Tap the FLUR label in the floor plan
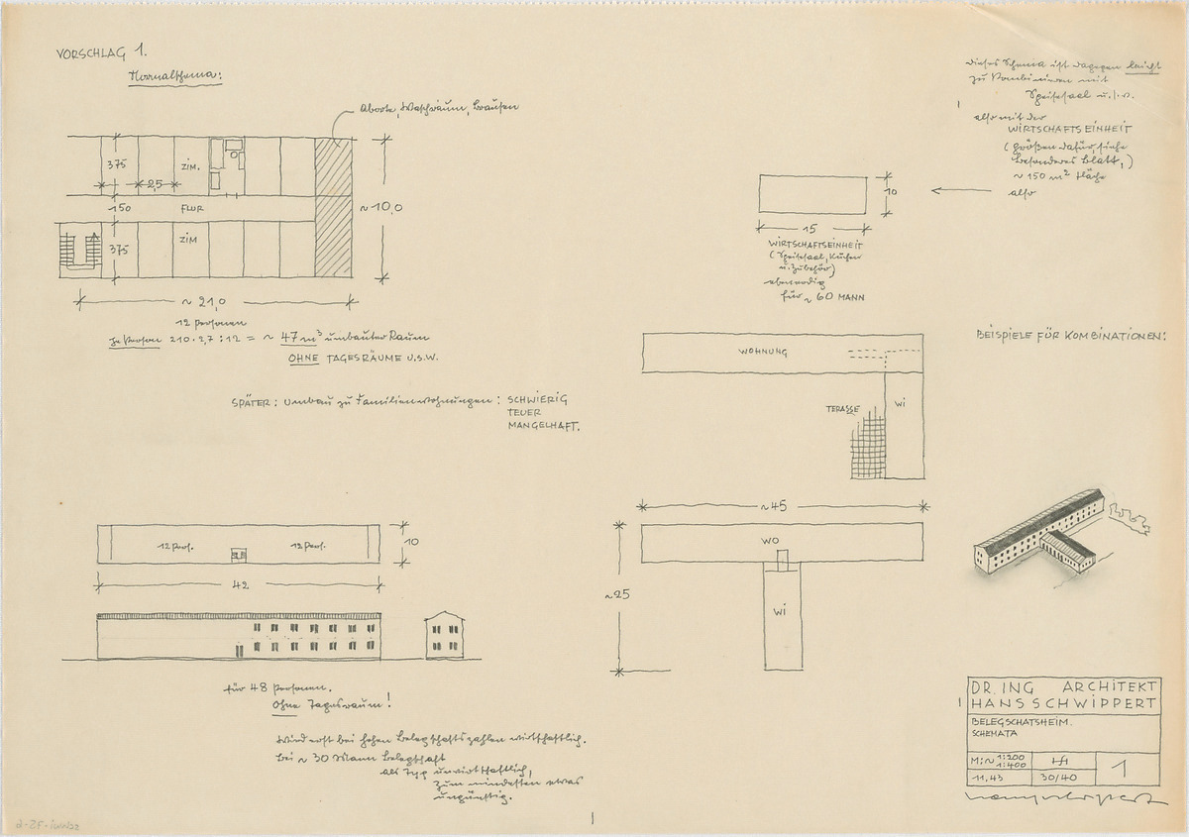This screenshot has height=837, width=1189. [x=192, y=209]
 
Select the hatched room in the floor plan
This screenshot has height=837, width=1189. [x=333, y=208]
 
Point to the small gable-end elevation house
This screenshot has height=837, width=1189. [x=445, y=636]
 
